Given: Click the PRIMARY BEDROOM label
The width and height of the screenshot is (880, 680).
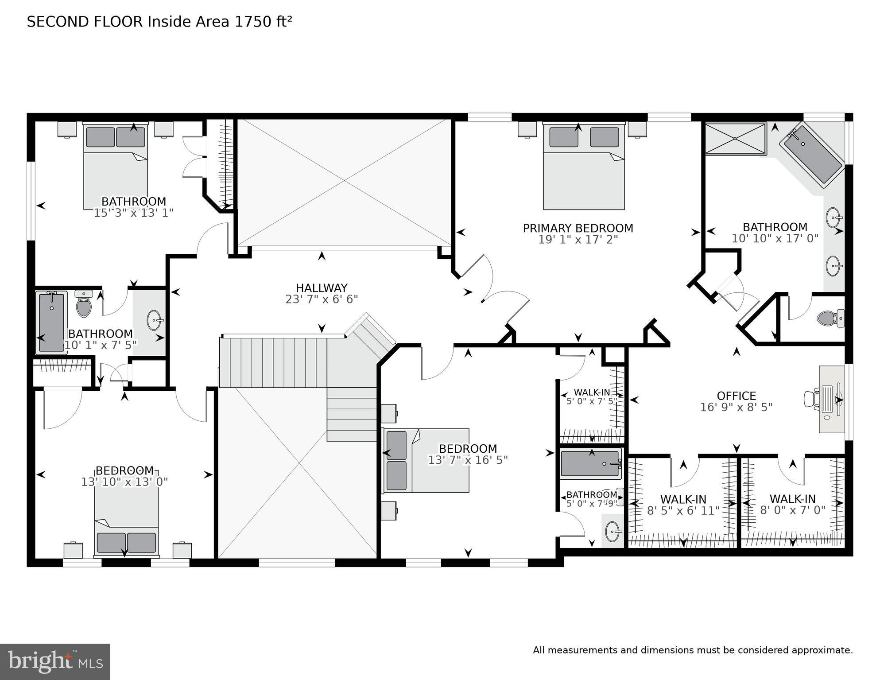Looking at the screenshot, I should click(578, 228).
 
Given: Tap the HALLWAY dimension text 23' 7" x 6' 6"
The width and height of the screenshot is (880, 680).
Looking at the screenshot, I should click(322, 299).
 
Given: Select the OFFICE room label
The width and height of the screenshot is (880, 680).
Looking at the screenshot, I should click(736, 396).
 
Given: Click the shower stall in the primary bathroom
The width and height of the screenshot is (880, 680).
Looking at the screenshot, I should click(735, 139).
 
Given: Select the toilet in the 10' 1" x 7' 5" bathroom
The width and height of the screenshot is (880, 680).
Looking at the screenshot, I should click(83, 304).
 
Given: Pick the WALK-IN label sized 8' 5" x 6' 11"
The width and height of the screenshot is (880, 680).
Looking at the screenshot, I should click(683, 500).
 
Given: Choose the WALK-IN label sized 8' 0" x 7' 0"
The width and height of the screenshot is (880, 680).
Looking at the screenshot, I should click(792, 499).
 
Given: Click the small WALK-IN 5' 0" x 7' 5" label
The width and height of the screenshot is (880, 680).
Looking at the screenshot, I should click(592, 392).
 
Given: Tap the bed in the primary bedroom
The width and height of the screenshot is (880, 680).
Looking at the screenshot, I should click(584, 168).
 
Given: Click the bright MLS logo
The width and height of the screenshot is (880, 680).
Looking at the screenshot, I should click(55, 662).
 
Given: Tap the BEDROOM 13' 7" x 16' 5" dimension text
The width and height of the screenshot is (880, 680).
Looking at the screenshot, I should click(467, 460).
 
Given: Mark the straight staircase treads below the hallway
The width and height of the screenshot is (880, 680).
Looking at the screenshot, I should click(274, 362).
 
